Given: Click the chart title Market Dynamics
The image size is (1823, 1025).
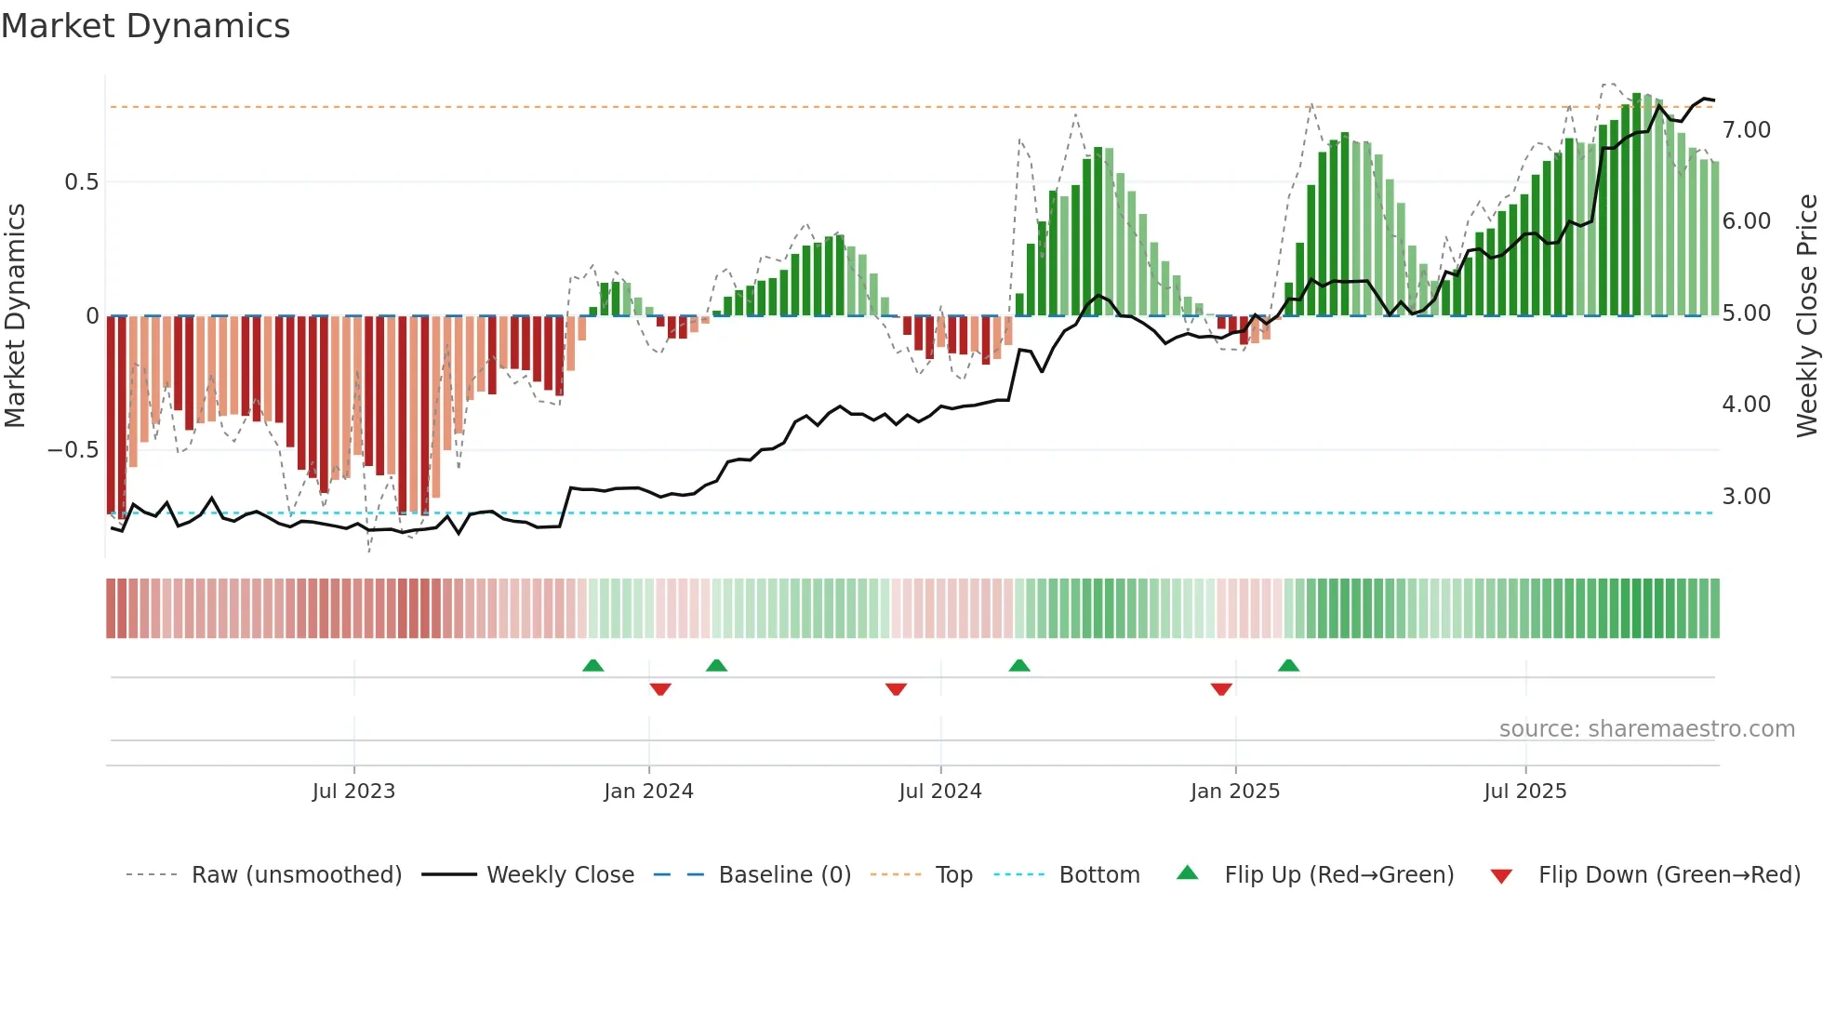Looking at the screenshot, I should pyautogui.click(x=146, y=26).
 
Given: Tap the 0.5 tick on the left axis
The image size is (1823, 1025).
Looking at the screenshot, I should pyautogui.click(x=81, y=181).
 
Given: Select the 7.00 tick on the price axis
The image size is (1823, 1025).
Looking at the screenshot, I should pyautogui.click(x=1746, y=129).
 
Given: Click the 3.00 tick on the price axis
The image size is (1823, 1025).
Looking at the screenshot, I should pyautogui.click(x=1746, y=496).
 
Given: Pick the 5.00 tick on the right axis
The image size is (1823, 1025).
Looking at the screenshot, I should pyautogui.click(x=1746, y=313).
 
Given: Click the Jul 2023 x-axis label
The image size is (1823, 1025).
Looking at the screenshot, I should pyautogui.click(x=353, y=792).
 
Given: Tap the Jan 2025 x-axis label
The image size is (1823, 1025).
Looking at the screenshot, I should pyautogui.click(x=1235, y=792).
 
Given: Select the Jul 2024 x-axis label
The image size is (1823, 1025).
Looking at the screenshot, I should pyautogui.click(x=940, y=792).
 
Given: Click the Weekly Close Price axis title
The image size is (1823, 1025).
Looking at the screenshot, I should pyautogui.click(x=1806, y=315).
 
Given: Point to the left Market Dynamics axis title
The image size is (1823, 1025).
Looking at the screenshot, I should pyautogui.click(x=15, y=315).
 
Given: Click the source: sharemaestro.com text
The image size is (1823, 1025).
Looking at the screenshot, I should pyautogui.click(x=1646, y=729).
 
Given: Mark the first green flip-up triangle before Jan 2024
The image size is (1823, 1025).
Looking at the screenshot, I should pyautogui.click(x=593, y=665).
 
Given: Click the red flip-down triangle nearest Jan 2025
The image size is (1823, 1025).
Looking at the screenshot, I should pyautogui.click(x=1221, y=689).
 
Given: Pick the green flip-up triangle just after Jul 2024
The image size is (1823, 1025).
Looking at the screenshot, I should pyautogui.click(x=1019, y=665).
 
